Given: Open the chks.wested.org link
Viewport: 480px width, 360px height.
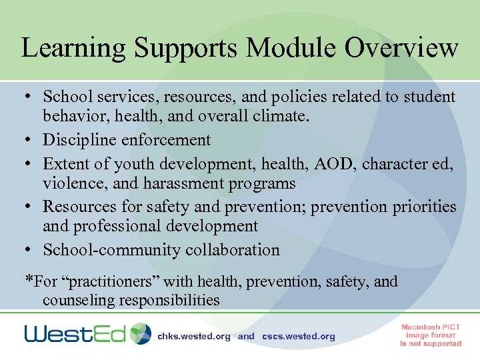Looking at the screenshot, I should (x=193, y=337).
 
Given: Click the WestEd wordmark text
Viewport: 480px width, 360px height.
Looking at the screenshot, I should (x=75, y=333).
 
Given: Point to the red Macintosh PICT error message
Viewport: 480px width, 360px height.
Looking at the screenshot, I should (x=431, y=335).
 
